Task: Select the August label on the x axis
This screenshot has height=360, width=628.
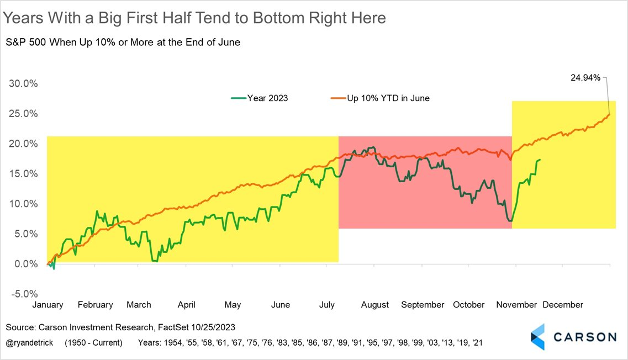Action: tap(374, 305)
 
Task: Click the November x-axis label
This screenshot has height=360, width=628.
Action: tap(516, 305)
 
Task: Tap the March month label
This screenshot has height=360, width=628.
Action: tap(139, 305)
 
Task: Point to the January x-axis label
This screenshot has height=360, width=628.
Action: tap(48, 305)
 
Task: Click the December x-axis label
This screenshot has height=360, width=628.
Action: tap(562, 305)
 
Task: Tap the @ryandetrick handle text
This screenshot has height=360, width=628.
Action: tap(30, 343)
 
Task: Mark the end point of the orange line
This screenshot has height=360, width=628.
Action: tap(609, 114)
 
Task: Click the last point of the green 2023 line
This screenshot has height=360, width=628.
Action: tap(540, 160)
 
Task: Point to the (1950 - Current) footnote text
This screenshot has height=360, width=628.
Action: tap(93, 343)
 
